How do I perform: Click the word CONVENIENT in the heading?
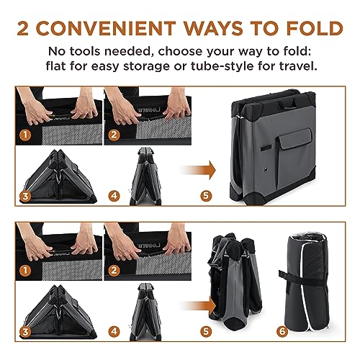click(x=106, y=28)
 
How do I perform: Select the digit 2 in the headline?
click(x=23, y=28)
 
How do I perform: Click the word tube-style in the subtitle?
click(x=222, y=66)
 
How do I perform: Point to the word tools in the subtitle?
click(x=84, y=51)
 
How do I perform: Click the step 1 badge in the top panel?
click(x=25, y=135)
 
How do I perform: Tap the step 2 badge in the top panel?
click(x=114, y=135)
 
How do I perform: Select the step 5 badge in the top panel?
click(x=206, y=196)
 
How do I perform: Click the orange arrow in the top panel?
click(x=197, y=170)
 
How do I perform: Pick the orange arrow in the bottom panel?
click(x=197, y=306)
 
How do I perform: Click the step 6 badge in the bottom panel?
click(x=282, y=331)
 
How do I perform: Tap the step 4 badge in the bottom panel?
click(x=114, y=331)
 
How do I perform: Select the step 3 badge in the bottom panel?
click(x=25, y=332)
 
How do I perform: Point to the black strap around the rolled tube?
click(x=303, y=279)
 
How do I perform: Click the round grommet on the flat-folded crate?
click(x=265, y=169)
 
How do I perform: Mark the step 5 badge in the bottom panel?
click(x=206, y=331)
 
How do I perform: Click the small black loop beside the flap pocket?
click(x=266, y=148)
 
